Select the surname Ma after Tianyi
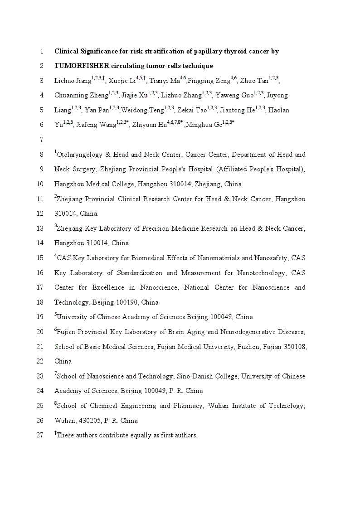tap(174, 81)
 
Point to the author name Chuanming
tap(70, 96)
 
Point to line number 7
tap(42, 140)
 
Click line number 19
tap(40, 317)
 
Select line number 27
tap(40, 435)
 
